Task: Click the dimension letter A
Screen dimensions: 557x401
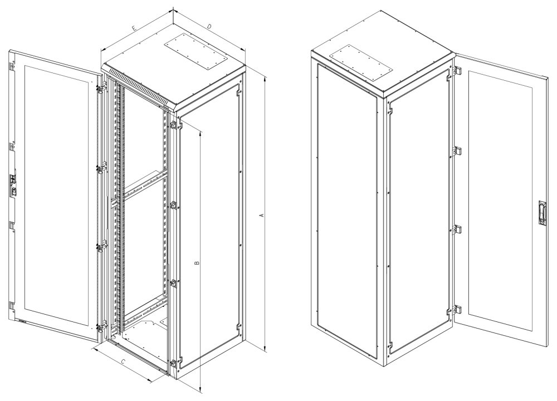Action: pyautogui.click(x=262, y=215)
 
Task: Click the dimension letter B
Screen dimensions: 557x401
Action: pyautogui.click(x=197, y=263)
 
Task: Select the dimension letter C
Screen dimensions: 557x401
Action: pyautogui.click(x=123, y=361)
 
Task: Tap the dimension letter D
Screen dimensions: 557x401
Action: pyautogui.click(x=209, y=26)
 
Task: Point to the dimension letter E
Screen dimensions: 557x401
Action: pyautogui.click(x=134, y=28)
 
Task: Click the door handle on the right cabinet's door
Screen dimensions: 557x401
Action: pyautogui.click(x=540, y=214)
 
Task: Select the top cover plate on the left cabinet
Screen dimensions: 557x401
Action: pyautogui.click(x=196, y=52)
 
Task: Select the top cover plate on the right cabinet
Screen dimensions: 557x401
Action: pyautogui.click(x=360, y=63)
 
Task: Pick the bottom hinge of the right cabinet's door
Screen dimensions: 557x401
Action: pyautogui.click(x=457, y=309)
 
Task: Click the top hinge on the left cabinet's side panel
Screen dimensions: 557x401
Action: pyautogui.click(x=174, y=125)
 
